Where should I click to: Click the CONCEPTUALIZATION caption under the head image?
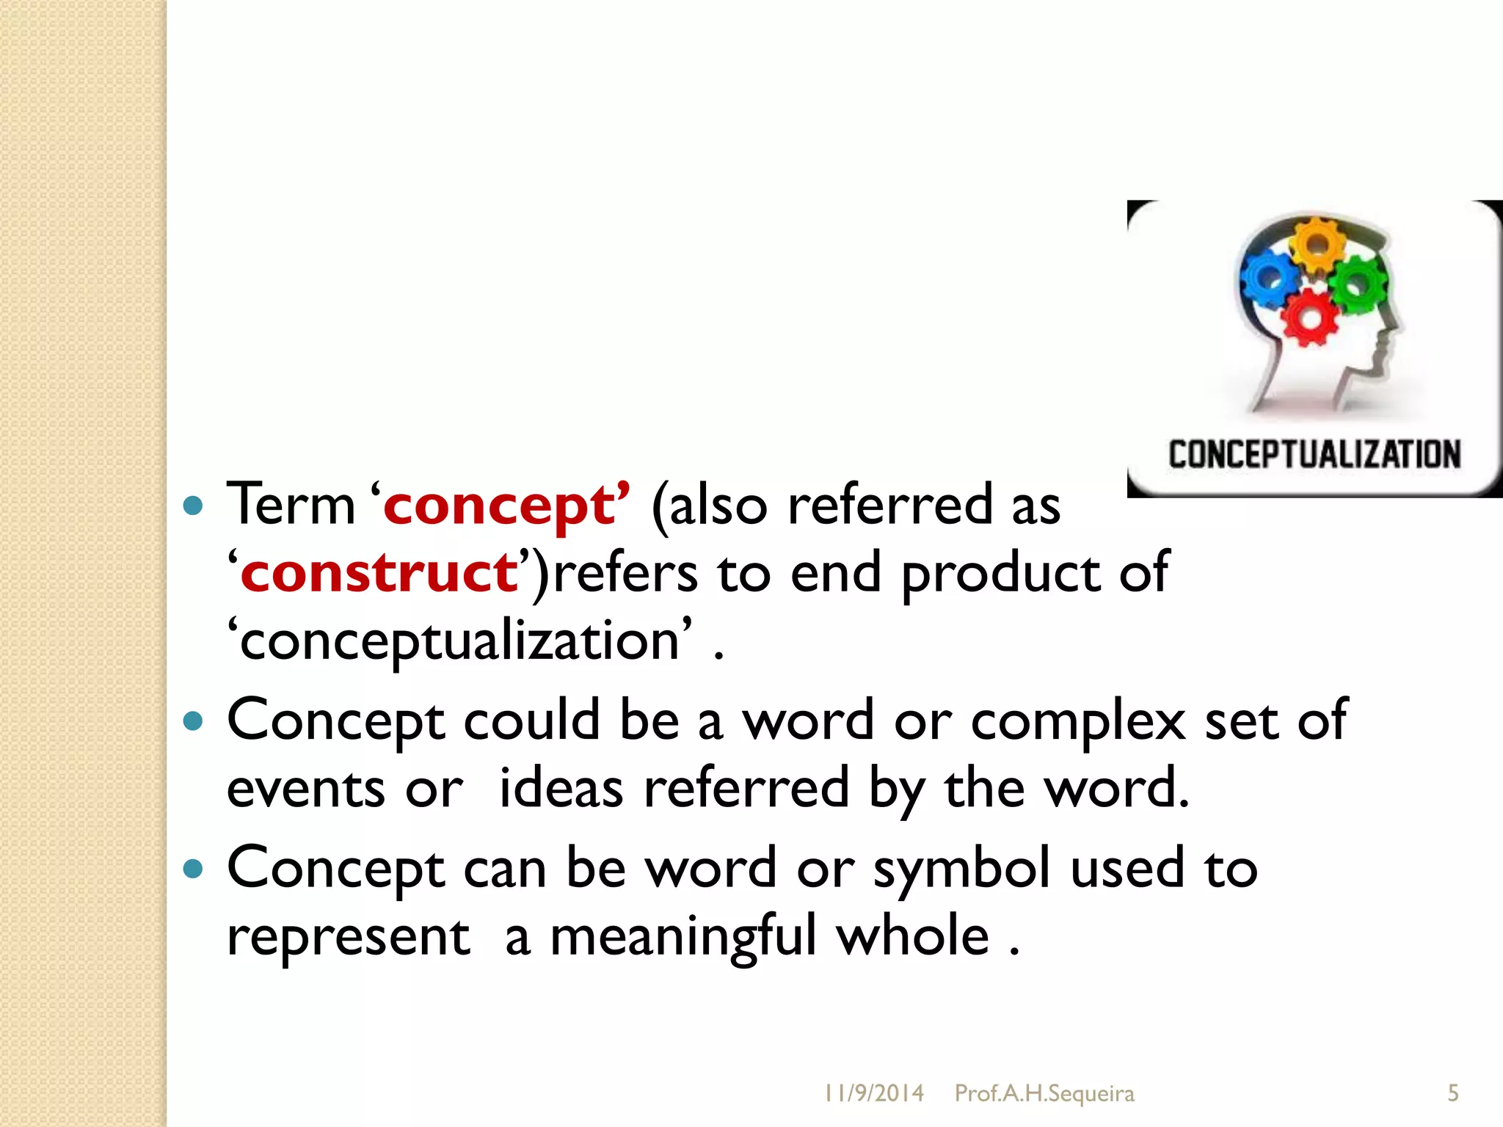[1314, 455]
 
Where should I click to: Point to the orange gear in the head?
[1317, 244]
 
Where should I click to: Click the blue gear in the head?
[1269, 278]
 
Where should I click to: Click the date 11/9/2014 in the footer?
[873, 1093]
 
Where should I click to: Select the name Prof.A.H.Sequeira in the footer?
[1044, 1093]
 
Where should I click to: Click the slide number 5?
[1453, 1093]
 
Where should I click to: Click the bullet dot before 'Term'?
[193, 506]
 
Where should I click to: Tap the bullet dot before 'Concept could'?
[193, 721]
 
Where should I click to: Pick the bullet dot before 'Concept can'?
[193, 869]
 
